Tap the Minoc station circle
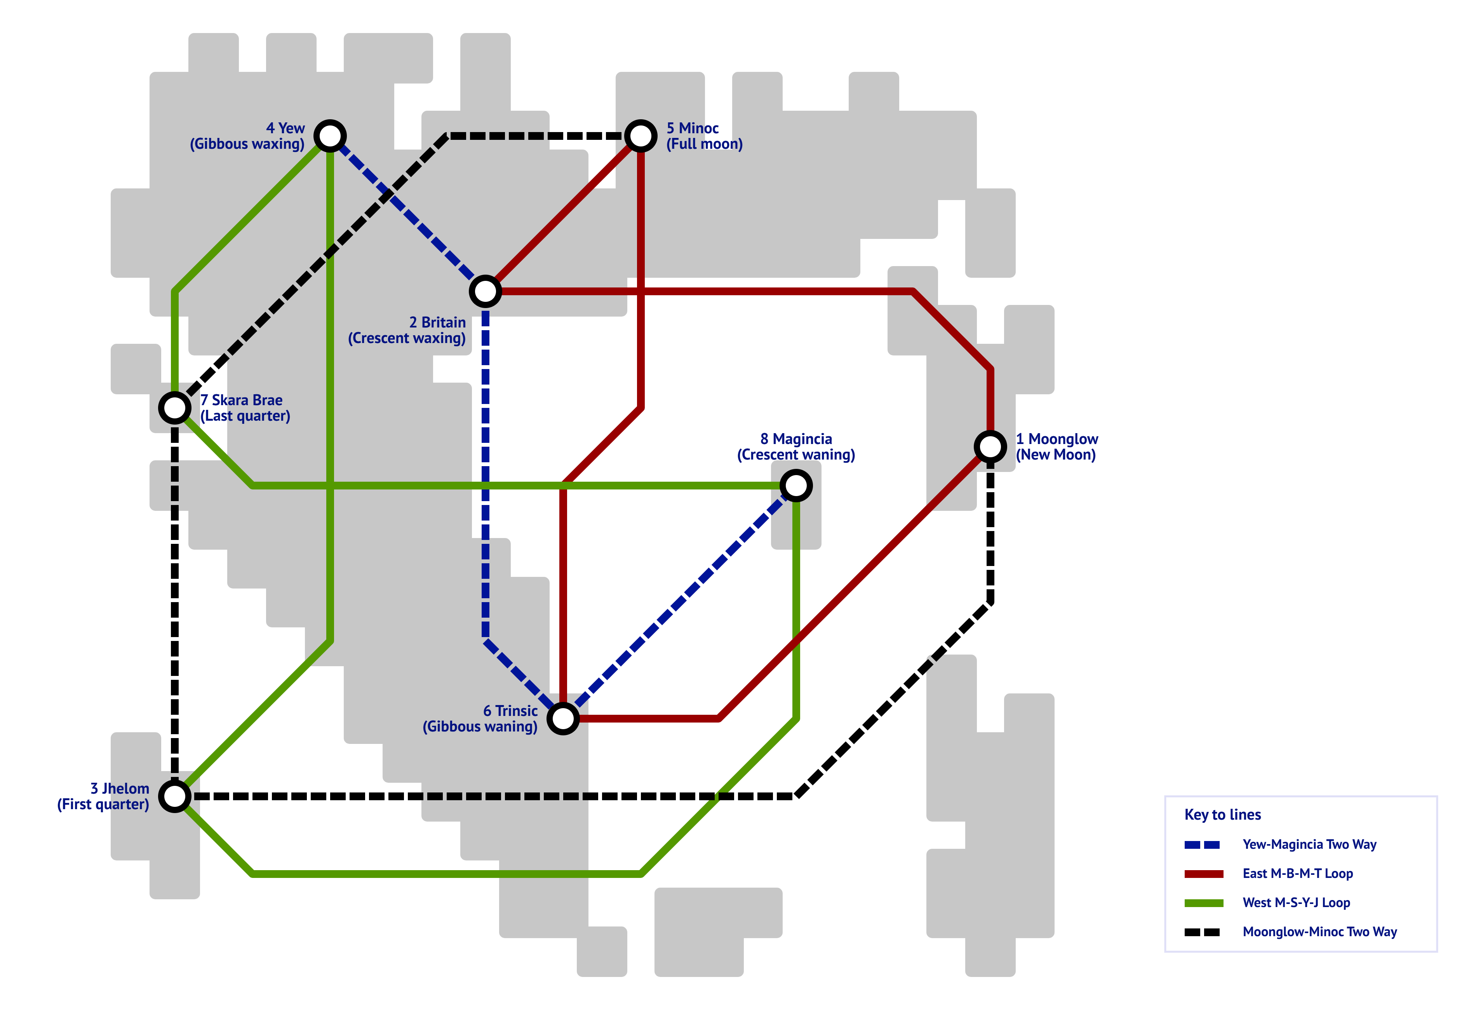coord(640,136)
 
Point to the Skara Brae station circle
coord(175,408)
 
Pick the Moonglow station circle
coord(990,447)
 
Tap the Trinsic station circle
coord(563,718)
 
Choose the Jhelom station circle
coord(175,796)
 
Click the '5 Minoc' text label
coord(692,128)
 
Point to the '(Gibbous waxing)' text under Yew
coord(247,144)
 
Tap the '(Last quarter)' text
coord(245,416)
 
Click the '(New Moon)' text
coord(1056,455)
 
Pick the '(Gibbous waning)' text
coord(480,727)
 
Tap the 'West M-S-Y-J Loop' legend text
coord(1296,903)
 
